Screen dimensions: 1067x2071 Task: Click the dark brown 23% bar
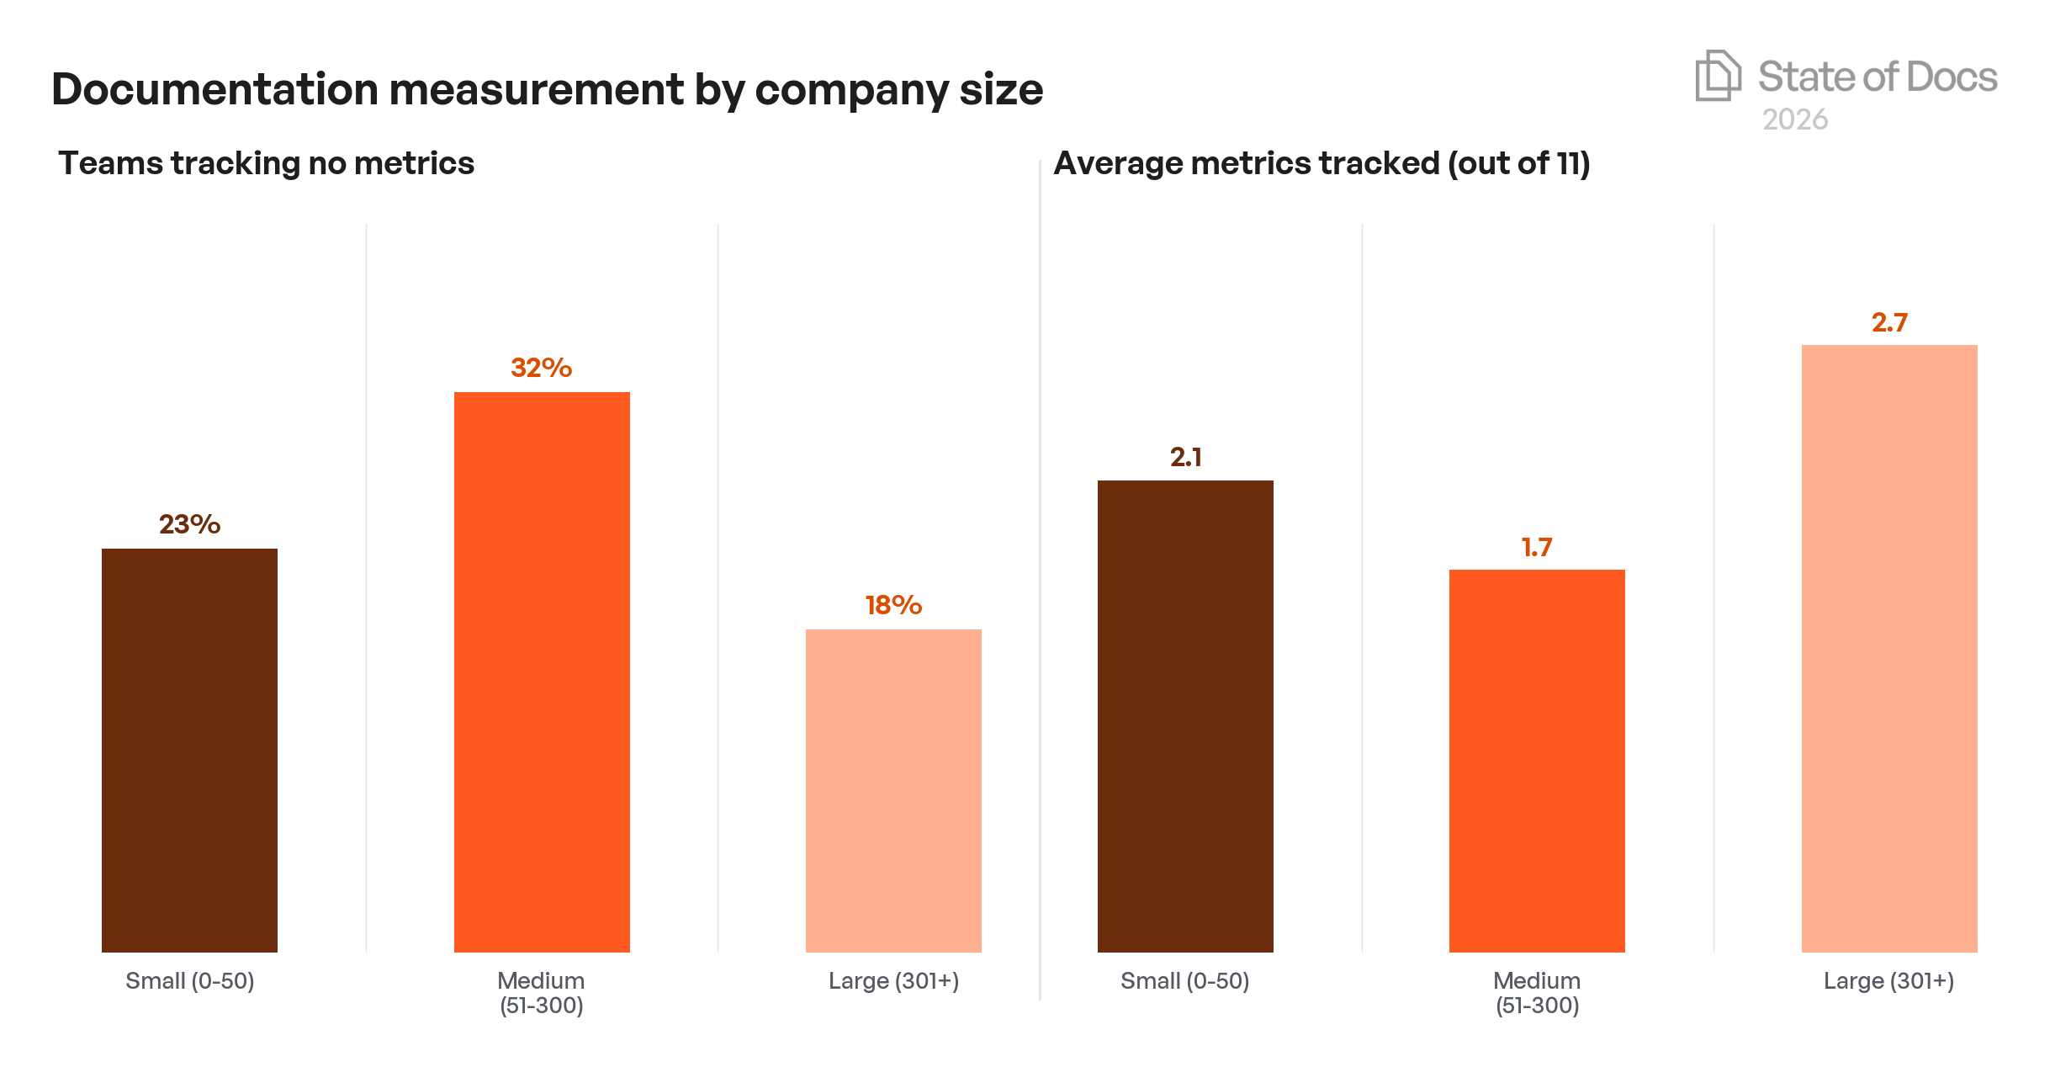[189, 749]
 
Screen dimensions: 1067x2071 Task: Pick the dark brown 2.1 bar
[1185, 715]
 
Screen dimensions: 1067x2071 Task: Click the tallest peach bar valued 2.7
[1889, 648]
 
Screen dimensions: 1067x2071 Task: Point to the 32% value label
[542, 368]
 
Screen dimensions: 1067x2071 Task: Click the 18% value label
[893, 605]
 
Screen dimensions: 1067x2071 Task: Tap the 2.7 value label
[1889, 322]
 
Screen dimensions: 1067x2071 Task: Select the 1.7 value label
[1537, 548]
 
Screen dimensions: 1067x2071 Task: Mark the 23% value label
[189, 524]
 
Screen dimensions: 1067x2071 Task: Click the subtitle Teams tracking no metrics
[266, 163]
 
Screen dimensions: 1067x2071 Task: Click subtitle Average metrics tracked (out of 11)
[1322, 163]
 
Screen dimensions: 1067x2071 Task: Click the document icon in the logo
[1717, 76]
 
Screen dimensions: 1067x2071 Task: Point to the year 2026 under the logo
[1795, 119]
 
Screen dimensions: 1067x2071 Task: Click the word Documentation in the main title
[215, 89]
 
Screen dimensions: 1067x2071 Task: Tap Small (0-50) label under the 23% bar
[189, 980]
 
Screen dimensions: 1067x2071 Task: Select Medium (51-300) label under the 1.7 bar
[1537, 992]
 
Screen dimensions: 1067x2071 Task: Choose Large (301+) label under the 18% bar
[893, 980]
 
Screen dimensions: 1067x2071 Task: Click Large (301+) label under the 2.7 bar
[1889, 980]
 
